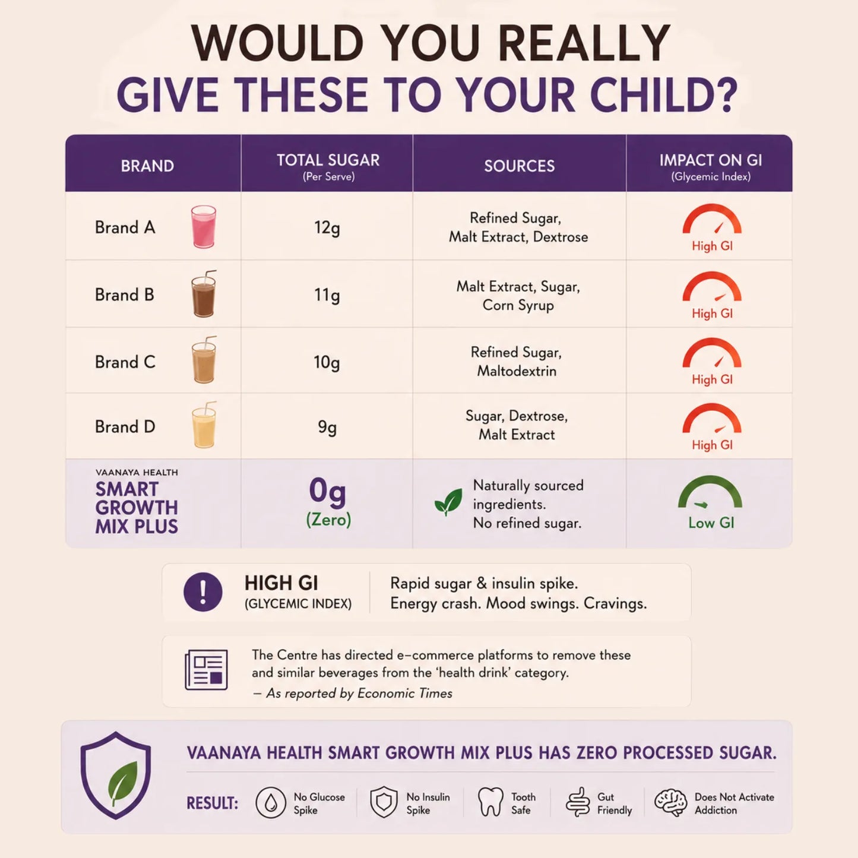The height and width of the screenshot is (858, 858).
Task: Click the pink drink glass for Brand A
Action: tap(204, 226)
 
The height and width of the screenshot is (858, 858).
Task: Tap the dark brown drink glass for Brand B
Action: tap(204, 294)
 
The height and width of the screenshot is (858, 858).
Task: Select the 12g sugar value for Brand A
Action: tap(327, 228)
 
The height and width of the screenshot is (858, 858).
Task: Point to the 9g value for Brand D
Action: tap(327, 428)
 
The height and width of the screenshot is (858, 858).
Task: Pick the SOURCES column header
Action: tap(519, 166)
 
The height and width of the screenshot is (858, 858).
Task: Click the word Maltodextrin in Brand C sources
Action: tap(517, 371)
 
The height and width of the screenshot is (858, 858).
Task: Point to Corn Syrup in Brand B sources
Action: tap(518, 305)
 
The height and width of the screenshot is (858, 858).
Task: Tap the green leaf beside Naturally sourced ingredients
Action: tap(448, 502)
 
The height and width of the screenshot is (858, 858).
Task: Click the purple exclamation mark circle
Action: tap(203, 592)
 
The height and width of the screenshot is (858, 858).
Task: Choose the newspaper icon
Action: tap(206, 670)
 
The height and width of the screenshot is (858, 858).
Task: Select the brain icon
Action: tap(670, 802)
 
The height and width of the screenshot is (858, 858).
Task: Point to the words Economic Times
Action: tap(404, 694)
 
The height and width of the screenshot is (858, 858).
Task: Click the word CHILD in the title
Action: tap(663, 94)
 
